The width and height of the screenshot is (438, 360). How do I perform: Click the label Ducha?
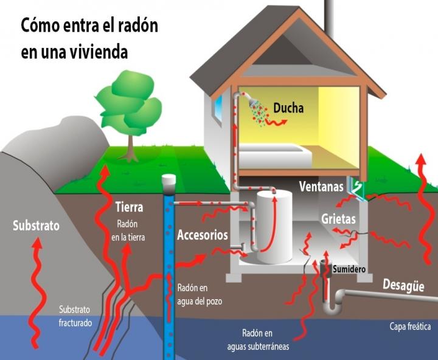(x=288, y=109)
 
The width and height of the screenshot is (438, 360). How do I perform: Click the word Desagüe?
(x=403, y=285)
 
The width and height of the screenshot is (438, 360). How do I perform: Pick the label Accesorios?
(x=202, y=235)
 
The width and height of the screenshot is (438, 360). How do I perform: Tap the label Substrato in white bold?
(x=36, y=226)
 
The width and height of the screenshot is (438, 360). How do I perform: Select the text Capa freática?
(x=410, y=327)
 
